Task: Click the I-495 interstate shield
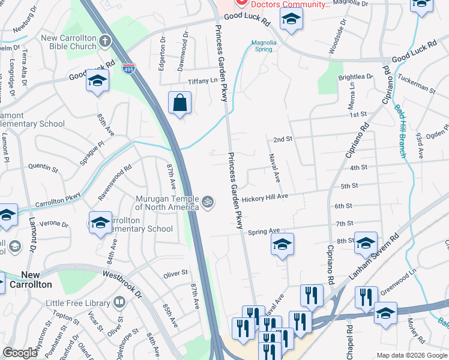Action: pyautogui.click(x=128, y=68)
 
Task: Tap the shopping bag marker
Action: pyautogui.click(x=179, y=103)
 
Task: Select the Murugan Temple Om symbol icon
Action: pyautogui.click(x=208, y=201)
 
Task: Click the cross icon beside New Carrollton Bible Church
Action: pyautogui.click(x=105, y=41)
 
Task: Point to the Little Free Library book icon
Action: pyautogui.click(x=119, y=302)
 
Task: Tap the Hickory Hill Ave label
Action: pyautogui.click(x=266, y=197)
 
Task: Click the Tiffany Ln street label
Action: pyautogui.click(x=202, y=81)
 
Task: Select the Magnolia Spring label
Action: pyautogui.click(x=264, y=46)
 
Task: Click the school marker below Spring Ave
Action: pyautogui.click(x=282, y=244)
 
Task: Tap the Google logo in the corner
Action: pyautogui.click(x=20, y=353)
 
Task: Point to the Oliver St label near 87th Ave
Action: pyautogui.click(x=176, y=274)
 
